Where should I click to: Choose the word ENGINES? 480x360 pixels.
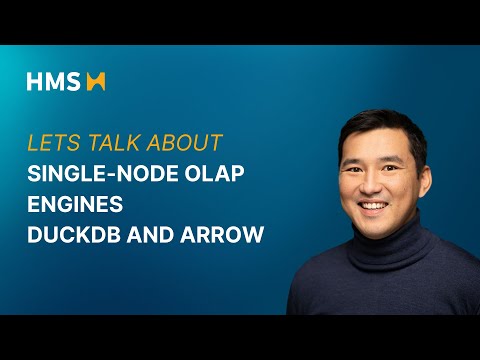click(75, 205)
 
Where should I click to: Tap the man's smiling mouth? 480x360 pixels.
click(372, 205)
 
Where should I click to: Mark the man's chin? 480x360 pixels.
click(373, 223)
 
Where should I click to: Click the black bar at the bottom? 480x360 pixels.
click(240, 337)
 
